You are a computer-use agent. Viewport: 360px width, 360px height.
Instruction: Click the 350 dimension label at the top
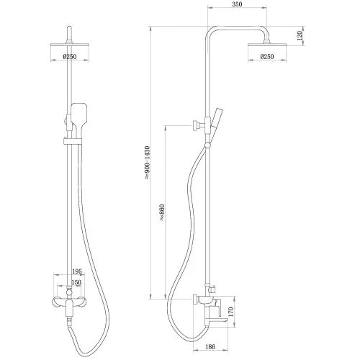(x=237, y=4)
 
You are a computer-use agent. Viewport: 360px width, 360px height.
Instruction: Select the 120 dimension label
(x=300, y=35)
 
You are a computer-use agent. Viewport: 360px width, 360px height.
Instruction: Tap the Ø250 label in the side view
(x=267, y=57)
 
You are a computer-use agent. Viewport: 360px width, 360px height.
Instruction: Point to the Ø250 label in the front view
(x=70, y=57)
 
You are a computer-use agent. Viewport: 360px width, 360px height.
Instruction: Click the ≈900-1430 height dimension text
(x=147, y=163)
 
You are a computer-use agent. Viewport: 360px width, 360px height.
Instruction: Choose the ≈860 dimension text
(x=162, y=212)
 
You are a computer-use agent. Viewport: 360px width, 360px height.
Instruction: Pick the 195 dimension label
(x=77, y=271)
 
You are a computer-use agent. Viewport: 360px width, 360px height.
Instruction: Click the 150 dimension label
(x=76, y=282)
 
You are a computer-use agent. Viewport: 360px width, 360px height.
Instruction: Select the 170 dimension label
(x=230, y=312)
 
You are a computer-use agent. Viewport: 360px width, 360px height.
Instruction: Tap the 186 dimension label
(x=210, y=346)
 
